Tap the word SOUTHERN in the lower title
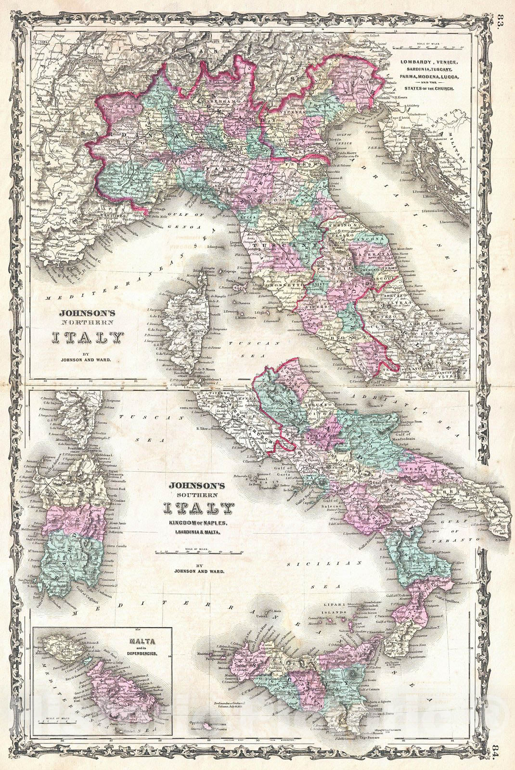[199, 494]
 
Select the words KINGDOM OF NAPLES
[199, 523]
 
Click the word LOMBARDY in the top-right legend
[413, 63]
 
